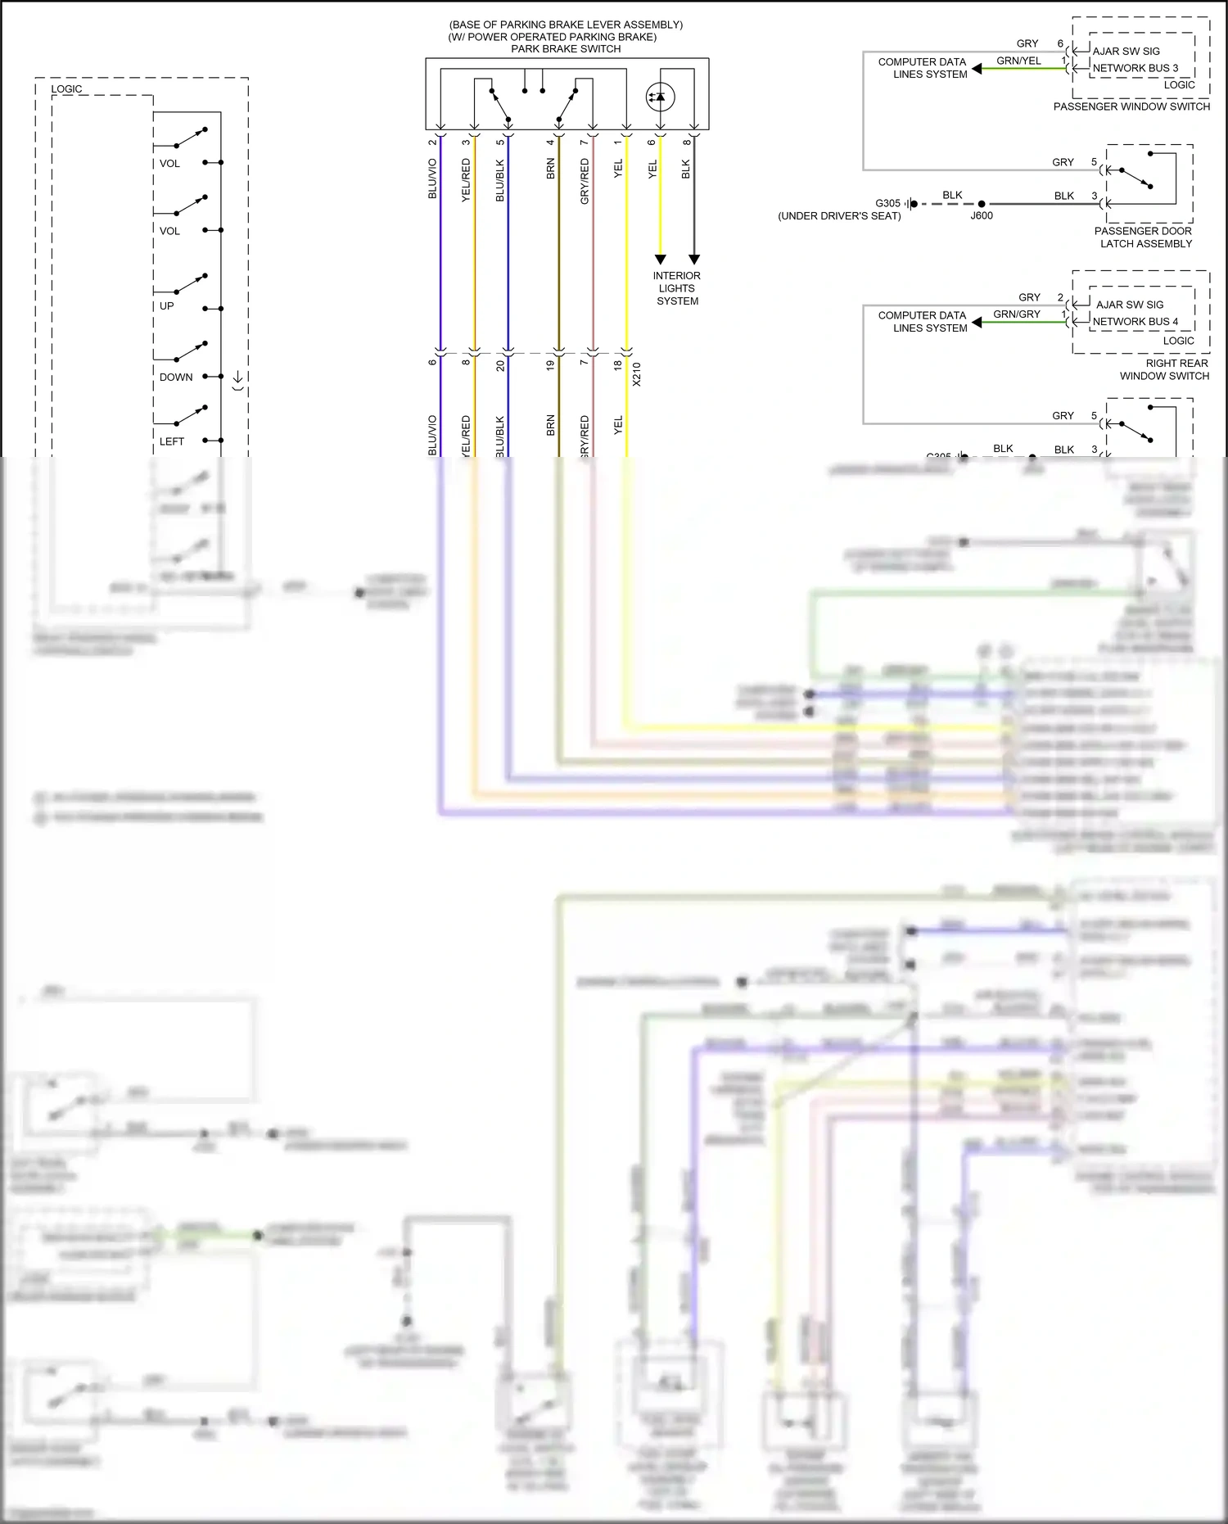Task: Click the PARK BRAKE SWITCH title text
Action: (x=566, y=49)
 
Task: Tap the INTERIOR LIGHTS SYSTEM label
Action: (x=677, y=288)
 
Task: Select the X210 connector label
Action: (x=637, y=374)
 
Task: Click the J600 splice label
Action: (x=982, y=216)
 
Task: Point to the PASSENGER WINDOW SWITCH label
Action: (x=1131, y=106)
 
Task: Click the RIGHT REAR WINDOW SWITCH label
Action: (x=1165, y=369)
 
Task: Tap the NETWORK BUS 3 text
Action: (x=1135, y=68)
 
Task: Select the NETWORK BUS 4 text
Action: (x=1135, y=322)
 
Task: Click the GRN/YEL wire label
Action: (x=1018, y=61)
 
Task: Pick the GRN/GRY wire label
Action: (x=1017, y=314)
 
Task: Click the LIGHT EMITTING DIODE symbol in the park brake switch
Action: (x=660, y=97)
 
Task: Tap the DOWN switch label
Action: (x=176, y=378)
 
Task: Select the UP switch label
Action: (x=167, y=306)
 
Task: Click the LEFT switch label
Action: (x=172, y=441)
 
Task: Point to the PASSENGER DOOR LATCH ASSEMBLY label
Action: (x=1144, y=237)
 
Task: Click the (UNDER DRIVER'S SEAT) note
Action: (x=839, y=216)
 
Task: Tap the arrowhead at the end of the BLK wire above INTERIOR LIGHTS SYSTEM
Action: (x=694, y=260)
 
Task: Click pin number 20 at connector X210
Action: (x=501, y=365)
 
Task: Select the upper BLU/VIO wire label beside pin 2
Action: (x=432, y=179)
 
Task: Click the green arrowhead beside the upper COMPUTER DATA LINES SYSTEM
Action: (x=977, y=69)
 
